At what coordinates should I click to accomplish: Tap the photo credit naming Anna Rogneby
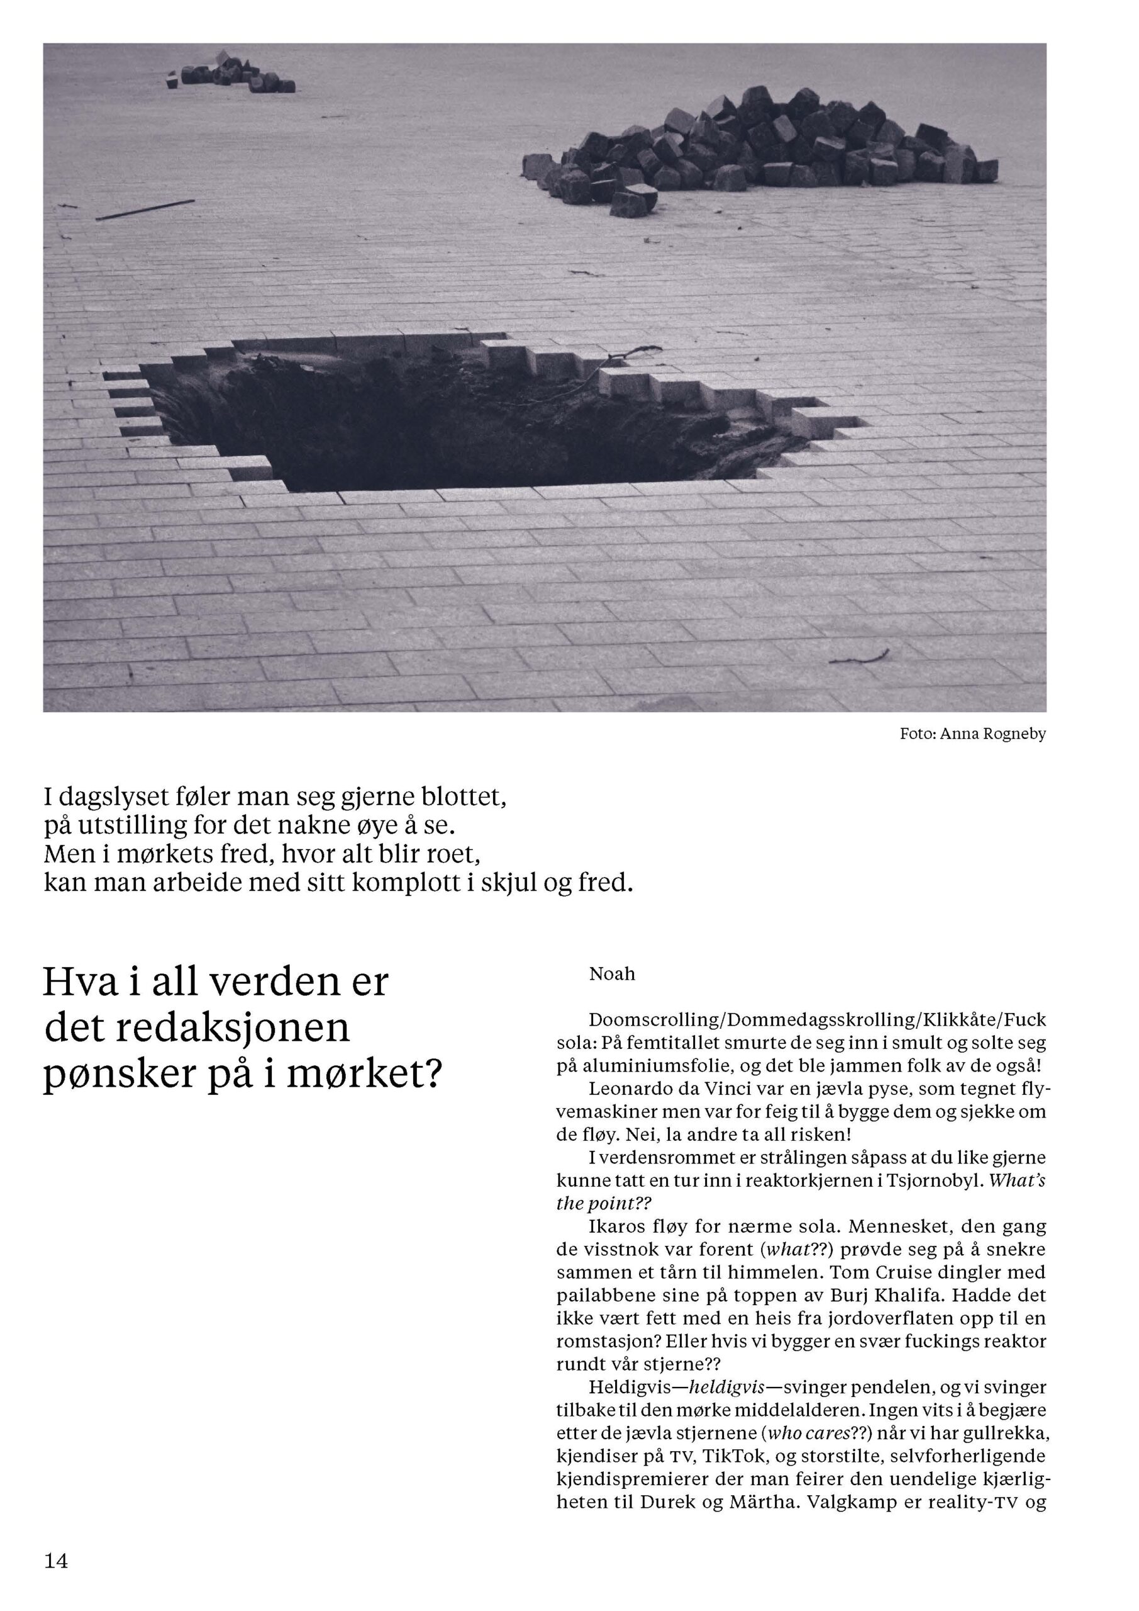pyautogui.click(x=972, y=734)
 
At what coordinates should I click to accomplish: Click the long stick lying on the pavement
pyautogui.click(x=145, y=210)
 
